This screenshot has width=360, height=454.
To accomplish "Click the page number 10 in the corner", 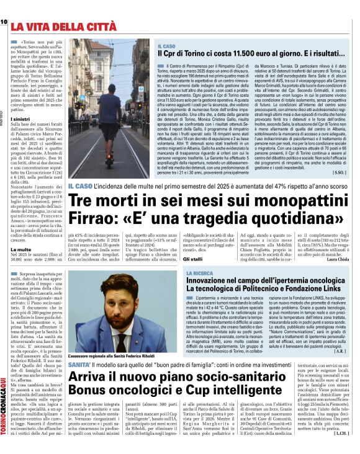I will (x=4, y=22).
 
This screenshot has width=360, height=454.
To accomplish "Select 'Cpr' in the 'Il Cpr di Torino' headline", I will (x=172, y=55).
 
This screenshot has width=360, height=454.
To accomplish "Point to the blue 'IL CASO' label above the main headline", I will (x=80, y=186).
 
